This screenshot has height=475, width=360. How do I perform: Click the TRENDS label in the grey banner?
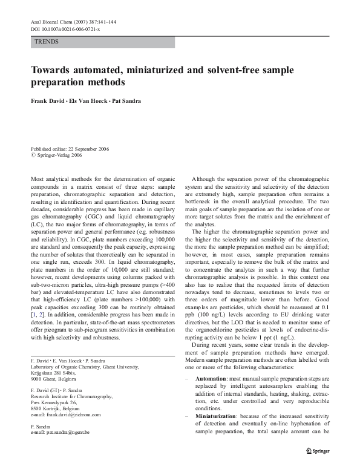pyautogui.click(x=47, y=42)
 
